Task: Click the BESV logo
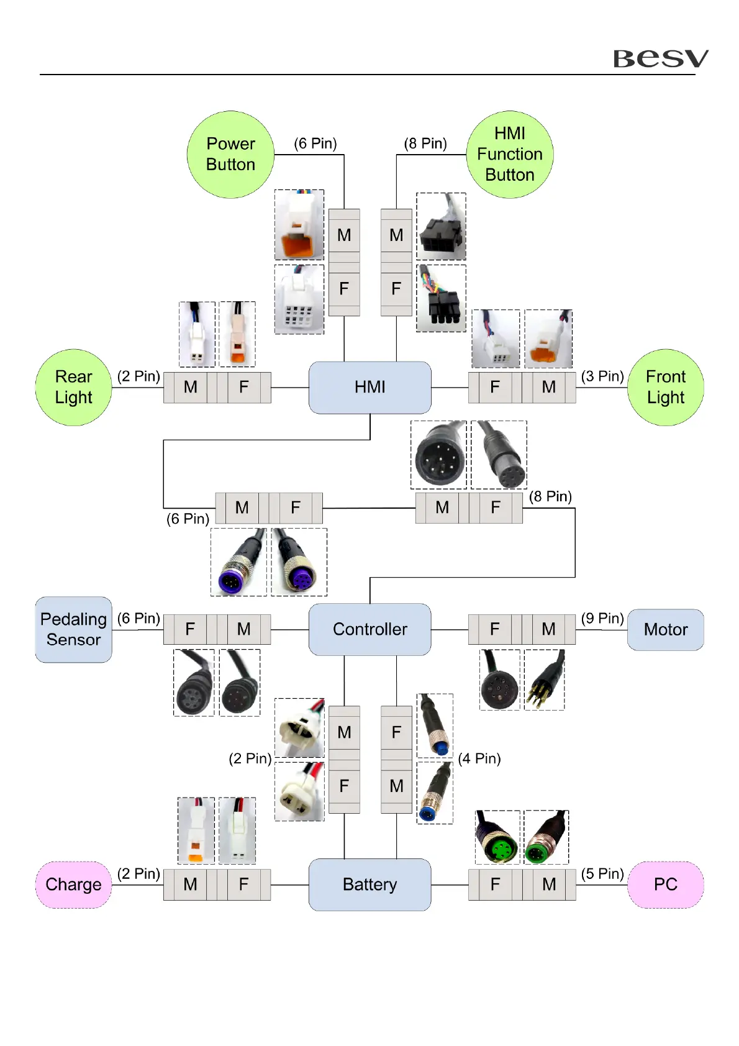click(x=660, y=58)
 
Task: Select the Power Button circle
click(x=230, y=155)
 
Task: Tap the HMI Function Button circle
click(x=509, y=155)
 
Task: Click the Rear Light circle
click(x=73, y=387)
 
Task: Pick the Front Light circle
click(x=666, y=387)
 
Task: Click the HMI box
click(x=369, y=387)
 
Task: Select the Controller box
click(x=369, y=629)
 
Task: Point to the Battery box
click(x=369, y=885)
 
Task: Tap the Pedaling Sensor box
click(x=73, y=629)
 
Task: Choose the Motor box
click(x=666, y=629)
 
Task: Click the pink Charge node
click(x=73, y=885)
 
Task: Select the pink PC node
click(x=666, y=885)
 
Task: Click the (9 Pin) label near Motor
click(x=602, y=619)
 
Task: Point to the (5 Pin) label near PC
click(x=602, y=874)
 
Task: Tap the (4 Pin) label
click(x=479, y=758)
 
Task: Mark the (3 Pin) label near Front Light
click(x=602, y=376)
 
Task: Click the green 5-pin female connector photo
click(x=497, y=837)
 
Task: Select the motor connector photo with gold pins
click(x=545, y=680)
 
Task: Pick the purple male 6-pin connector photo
click(x=238, y=562)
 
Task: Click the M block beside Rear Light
click(x=190, y=388)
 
